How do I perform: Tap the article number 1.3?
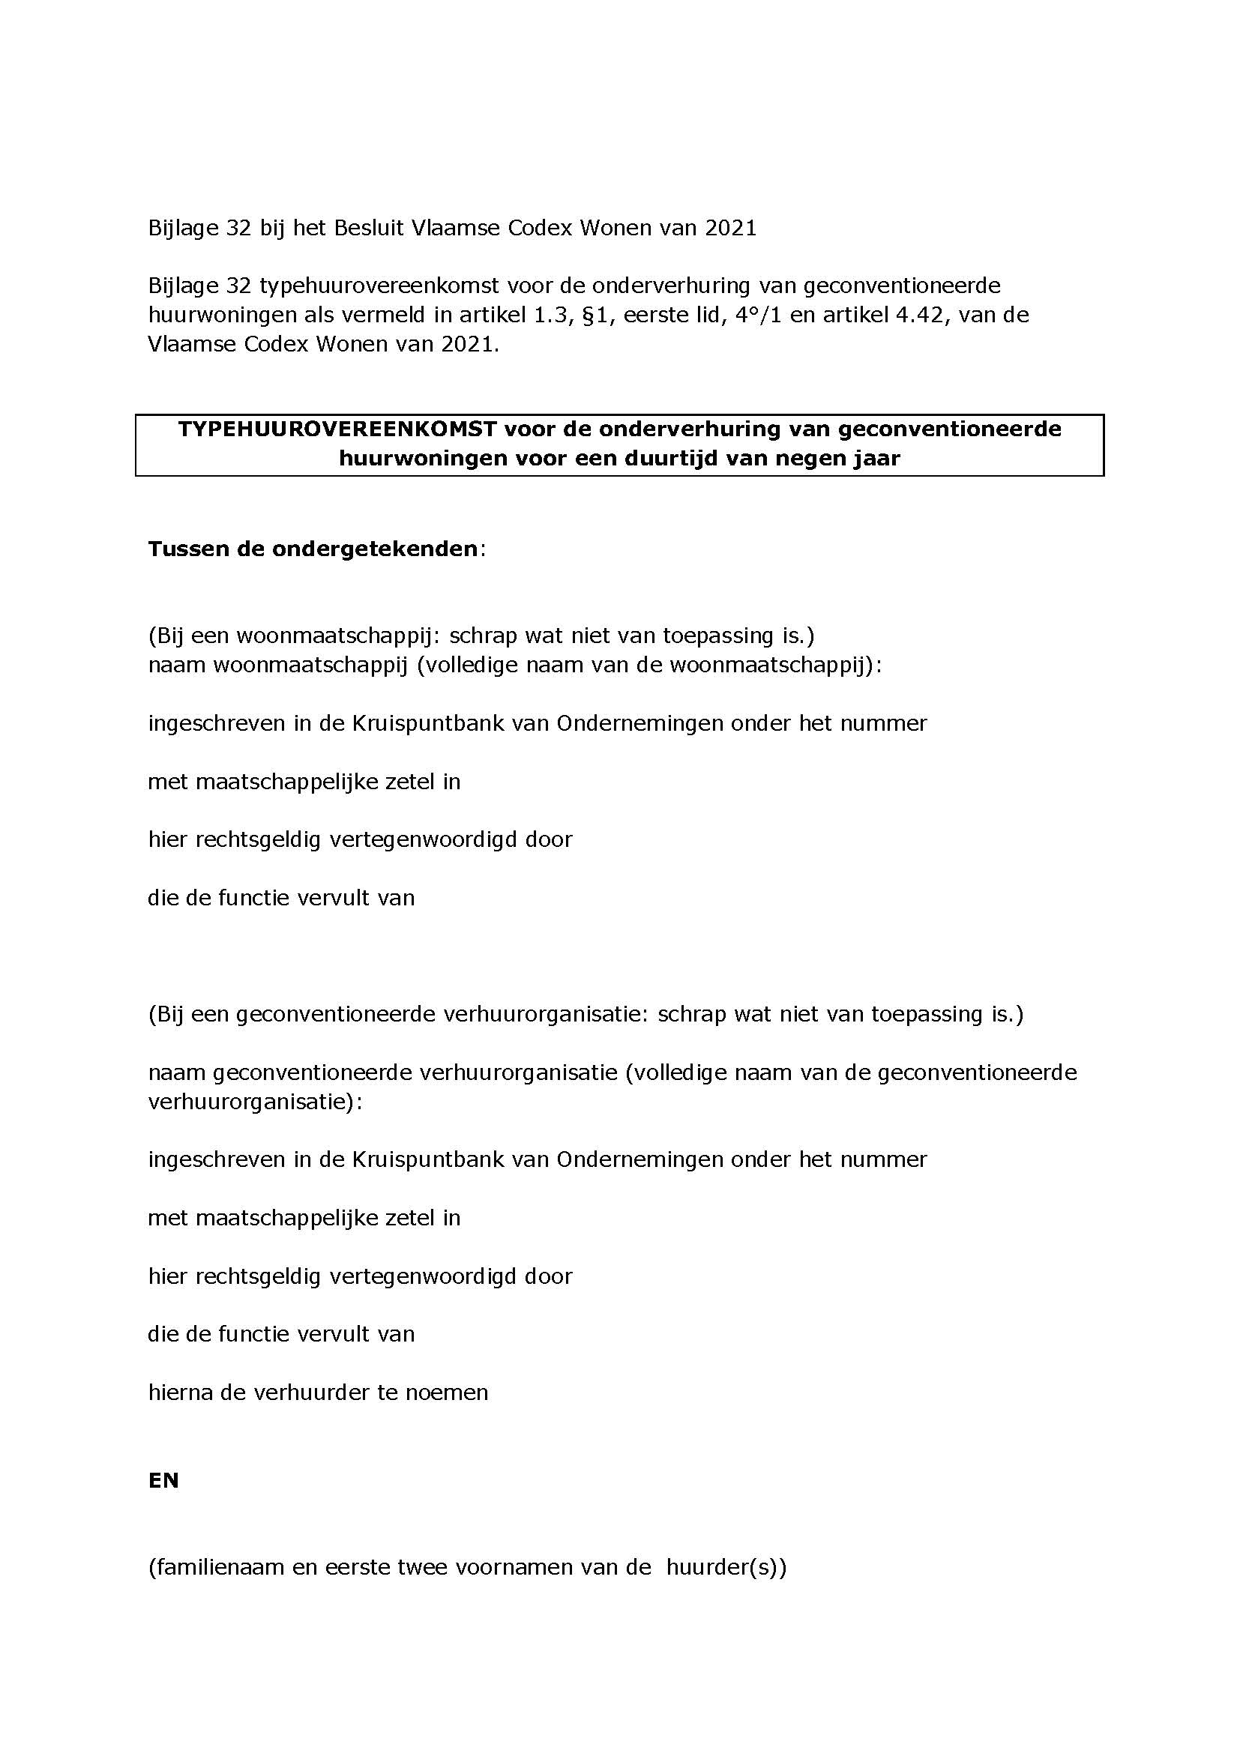coord(547,315)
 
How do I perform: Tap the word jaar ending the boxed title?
coord(878,458)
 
